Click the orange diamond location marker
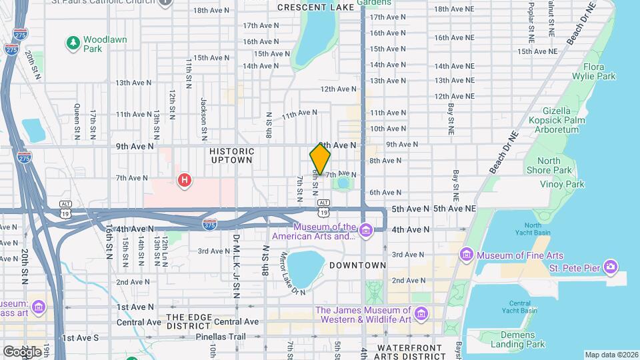320,159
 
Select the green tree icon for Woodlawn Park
73,43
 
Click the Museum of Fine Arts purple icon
466,255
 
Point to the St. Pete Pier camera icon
611,267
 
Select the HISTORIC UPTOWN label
231,155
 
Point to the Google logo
22,351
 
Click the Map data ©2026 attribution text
610,354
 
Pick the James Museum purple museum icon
421,313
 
